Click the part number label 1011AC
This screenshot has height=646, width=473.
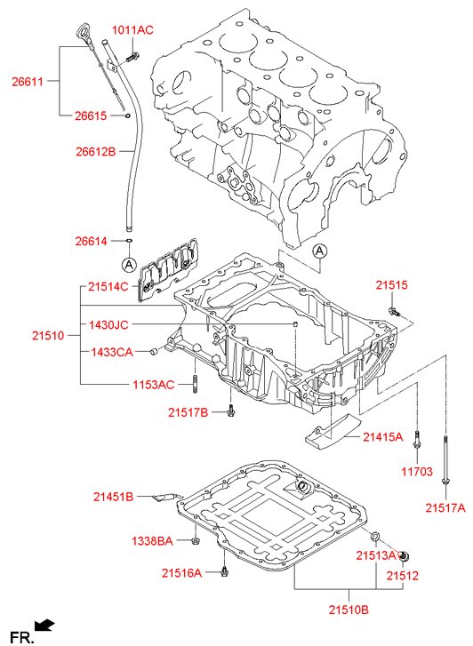[132, 30]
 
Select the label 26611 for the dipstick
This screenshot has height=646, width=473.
[28, 82]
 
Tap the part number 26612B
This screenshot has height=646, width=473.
[96, 152]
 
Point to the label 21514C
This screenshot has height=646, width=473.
[108, 286]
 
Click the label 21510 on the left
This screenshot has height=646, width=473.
[48, 336]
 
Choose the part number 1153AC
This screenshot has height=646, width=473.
[154, 385]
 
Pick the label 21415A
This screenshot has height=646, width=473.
[382, 437]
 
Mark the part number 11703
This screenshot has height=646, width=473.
[417, 471]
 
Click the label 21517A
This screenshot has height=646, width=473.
[445, 508]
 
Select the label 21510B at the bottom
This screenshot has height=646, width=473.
[349, 610]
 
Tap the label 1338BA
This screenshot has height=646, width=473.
[152, 541]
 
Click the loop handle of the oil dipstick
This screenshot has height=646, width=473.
[82, 32]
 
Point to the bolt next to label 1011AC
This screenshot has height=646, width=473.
[132, 57]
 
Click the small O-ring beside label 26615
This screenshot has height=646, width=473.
[128, 116]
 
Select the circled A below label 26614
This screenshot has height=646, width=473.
[129, 265]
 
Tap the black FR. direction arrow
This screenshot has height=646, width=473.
[45, 625]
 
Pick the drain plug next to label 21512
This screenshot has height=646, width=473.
[405, 557]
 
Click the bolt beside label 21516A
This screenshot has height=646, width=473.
[224, 571]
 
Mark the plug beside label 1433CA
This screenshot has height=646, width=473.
[154, 351]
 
